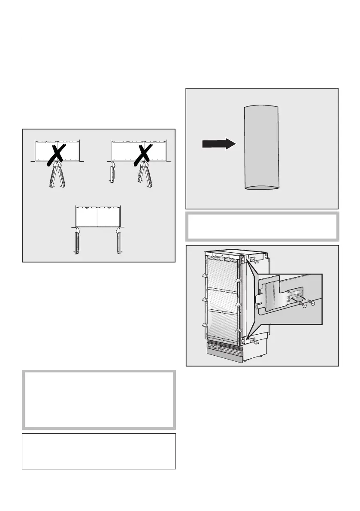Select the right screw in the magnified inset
coord(313,303)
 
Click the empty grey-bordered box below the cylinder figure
coord(262,226)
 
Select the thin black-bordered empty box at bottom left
coord(99,451)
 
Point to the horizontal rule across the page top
coord(180,38)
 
